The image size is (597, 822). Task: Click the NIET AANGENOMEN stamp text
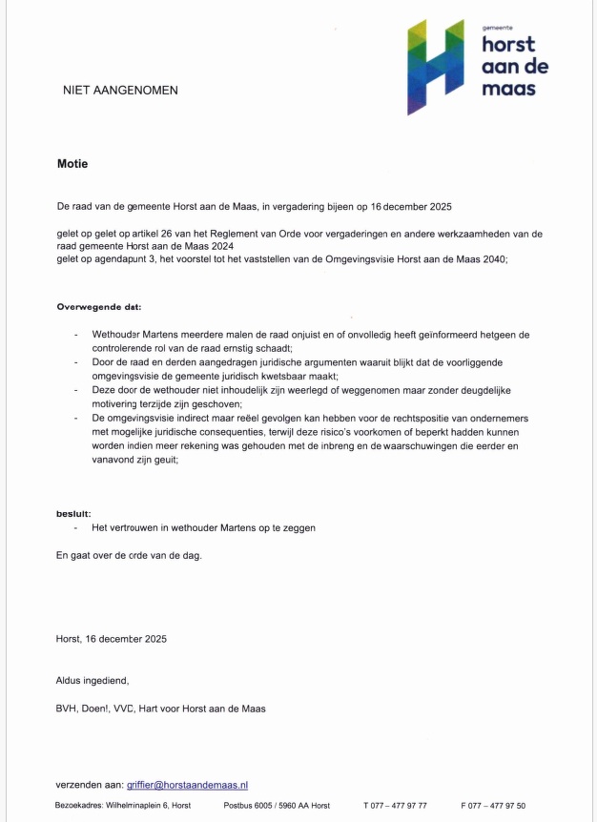120,91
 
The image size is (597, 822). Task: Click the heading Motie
72,164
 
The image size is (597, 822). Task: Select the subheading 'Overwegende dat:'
98,307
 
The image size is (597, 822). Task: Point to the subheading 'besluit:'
74,512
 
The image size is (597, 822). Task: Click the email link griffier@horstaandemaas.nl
187,784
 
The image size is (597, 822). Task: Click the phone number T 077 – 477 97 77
395,806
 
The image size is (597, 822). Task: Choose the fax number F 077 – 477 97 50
492,806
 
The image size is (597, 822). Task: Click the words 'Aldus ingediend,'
92,680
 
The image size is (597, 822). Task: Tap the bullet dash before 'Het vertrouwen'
75,527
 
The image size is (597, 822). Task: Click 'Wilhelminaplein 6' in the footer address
132,806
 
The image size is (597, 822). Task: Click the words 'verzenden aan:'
89,784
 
